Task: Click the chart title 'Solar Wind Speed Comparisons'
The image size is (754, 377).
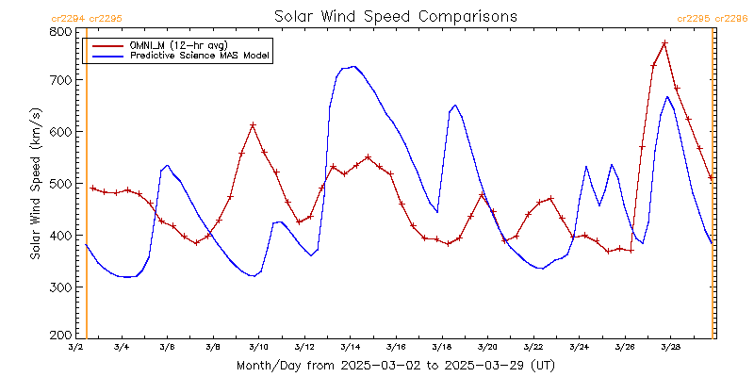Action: click(x=396, y=16)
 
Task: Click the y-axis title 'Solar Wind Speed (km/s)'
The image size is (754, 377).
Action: click(x=35, y=184)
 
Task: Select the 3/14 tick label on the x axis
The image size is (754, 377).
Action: click(x=350, y=347)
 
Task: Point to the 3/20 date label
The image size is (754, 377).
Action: click(x=487, y=347)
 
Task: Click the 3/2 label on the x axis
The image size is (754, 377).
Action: click(x=75, y=347)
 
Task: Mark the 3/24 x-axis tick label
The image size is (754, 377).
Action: click(x=579, y=347)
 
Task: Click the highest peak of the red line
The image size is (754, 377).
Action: click(x=664, y=42)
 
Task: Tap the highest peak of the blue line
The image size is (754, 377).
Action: click(x=353, y=66)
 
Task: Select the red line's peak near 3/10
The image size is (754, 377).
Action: click(x=253, y=124)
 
